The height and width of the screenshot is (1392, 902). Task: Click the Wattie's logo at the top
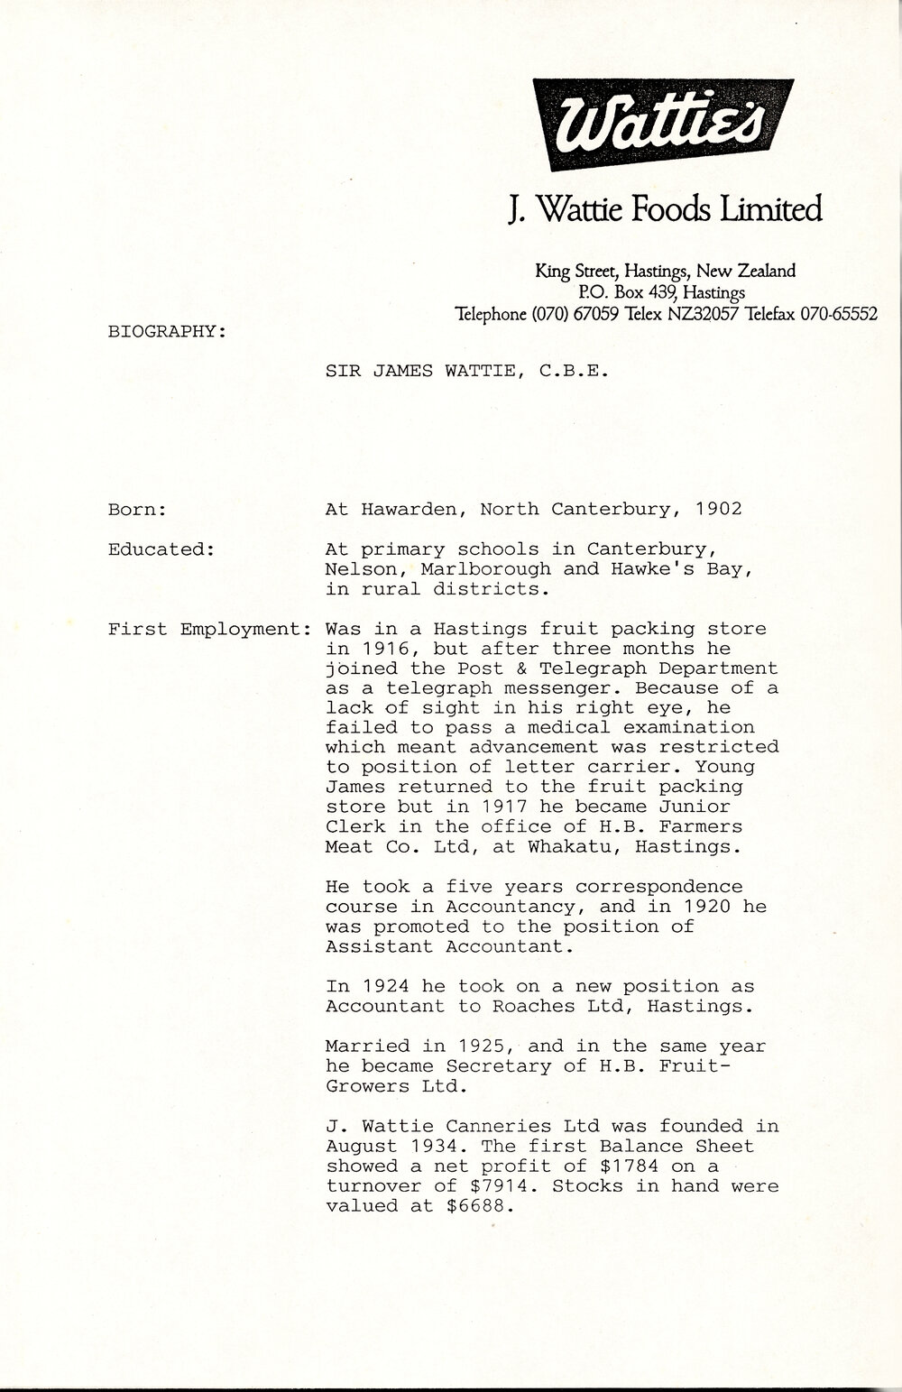(663, 124)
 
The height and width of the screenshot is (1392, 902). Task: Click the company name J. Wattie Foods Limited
(665, 208)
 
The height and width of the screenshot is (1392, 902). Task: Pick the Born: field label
(136, 510)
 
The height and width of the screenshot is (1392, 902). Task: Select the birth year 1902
(719, 510)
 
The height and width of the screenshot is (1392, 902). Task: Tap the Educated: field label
(160, 549)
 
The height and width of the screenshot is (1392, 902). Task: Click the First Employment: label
(209, 629)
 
